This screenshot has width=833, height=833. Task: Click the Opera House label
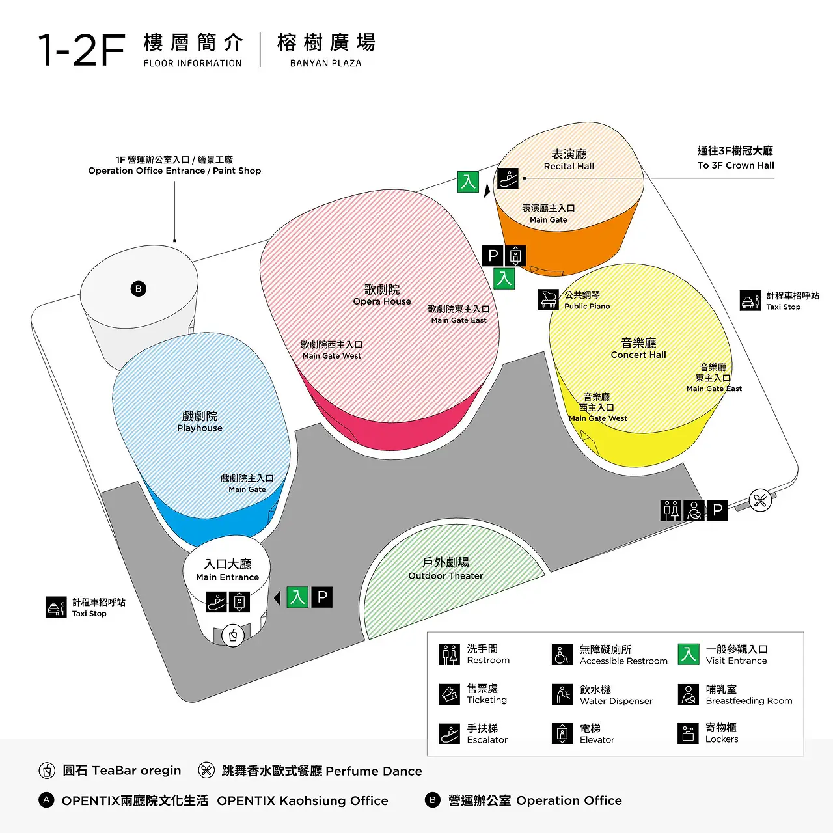click(x=382, y=295)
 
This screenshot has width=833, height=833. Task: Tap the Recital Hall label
click(x=569, y=159)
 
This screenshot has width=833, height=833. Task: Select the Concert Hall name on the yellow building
click(x=638, y=348)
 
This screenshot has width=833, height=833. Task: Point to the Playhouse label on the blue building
click(x=200, y=421)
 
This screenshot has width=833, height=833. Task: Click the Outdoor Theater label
click(x=446, y=568)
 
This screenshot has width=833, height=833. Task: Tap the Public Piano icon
click(x=549, y=299)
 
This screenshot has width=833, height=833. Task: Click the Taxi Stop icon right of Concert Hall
click(x=750, y=300)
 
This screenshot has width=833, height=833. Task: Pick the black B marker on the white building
click(x=138, y=288)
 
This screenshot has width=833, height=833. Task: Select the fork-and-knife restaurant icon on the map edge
click(x=760, y=500)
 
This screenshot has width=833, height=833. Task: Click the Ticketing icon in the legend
click(x=450, y=694)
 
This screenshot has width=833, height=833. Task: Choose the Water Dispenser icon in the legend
click(x=562, y=694)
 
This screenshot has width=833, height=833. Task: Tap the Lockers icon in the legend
click(x=688, y=733)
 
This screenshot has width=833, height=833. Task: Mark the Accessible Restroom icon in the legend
click(x=562, y=655)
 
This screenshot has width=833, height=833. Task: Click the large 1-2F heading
click(x=82, y=50)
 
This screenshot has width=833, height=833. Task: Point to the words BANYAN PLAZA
click(x=325, y=63)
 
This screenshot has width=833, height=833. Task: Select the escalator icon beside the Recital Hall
click(x=508, y=178)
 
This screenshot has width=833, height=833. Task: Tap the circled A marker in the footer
click(x=46, y=800)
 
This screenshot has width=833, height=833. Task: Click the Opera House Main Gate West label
click(x=331, y=350)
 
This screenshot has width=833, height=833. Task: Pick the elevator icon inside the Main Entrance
click(x=239, y=601)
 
